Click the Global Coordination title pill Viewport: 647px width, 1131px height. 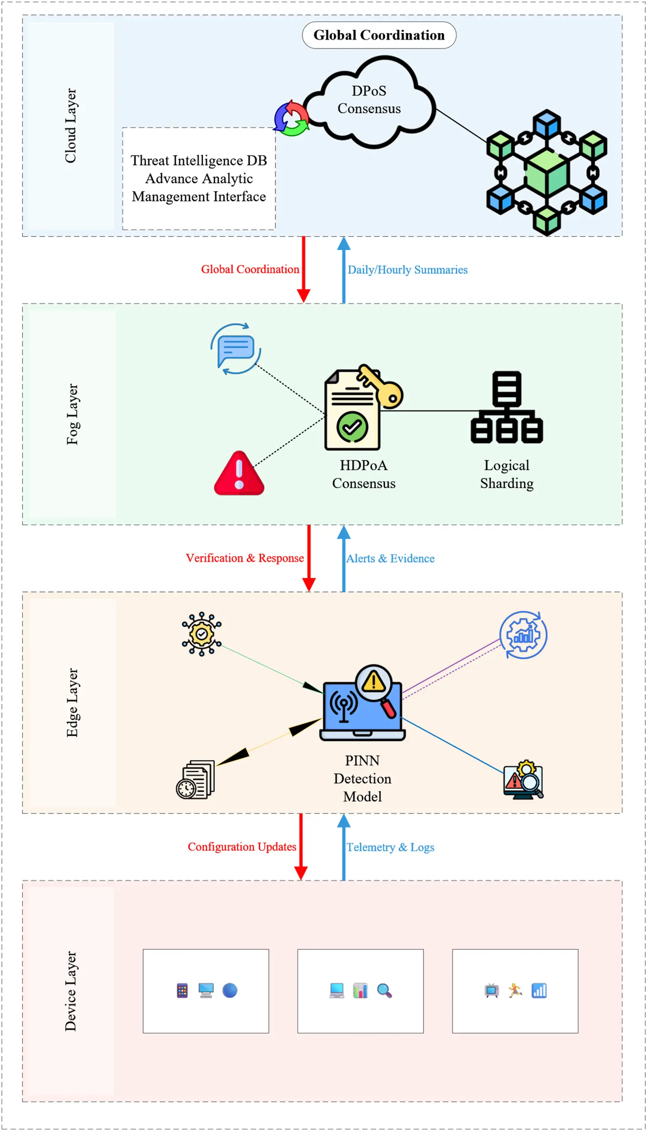point(379,35)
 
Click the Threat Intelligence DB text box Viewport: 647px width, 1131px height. point(198,178)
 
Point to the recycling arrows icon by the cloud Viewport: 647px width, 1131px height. point(291,118)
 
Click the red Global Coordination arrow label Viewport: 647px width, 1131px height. point(250,269)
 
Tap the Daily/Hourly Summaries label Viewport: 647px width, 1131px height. point(407,269)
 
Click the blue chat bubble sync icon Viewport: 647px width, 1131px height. point(236,348)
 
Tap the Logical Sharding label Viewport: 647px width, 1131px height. point(506,474)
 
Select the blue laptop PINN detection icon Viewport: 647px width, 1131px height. point(362,705)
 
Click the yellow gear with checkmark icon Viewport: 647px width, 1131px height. point(201,634)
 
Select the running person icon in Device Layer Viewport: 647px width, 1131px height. point(515,990)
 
